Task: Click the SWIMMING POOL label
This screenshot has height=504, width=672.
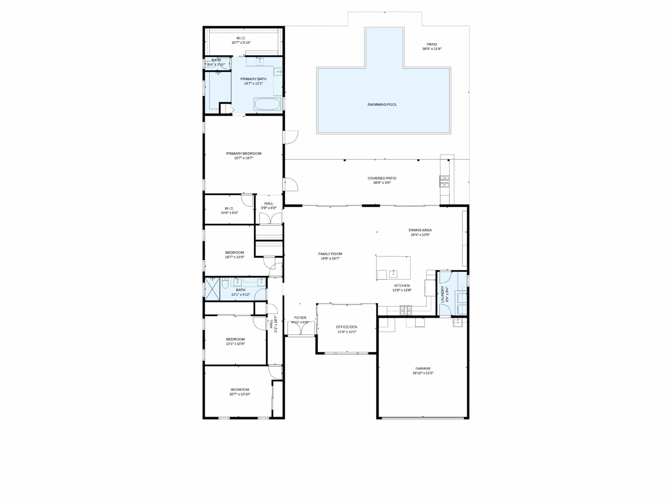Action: click(382, 105)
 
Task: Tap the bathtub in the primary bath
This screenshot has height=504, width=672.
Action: click(267, 105)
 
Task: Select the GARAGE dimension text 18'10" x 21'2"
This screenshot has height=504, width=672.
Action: click(423, 373)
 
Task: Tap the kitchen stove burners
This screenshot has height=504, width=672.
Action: click(406, 310)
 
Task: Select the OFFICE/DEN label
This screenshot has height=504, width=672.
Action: click(346, 327)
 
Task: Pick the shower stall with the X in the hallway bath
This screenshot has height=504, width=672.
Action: click(212, 289)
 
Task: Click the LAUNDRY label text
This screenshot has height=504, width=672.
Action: click(442, 294)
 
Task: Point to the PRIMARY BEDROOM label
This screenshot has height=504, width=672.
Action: click(243, 154)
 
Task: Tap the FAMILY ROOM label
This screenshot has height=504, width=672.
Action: click(330, 254)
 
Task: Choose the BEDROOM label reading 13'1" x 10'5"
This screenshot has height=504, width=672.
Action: click(235, 339)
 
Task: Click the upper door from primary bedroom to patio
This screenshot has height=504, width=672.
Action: click(290, 137)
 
